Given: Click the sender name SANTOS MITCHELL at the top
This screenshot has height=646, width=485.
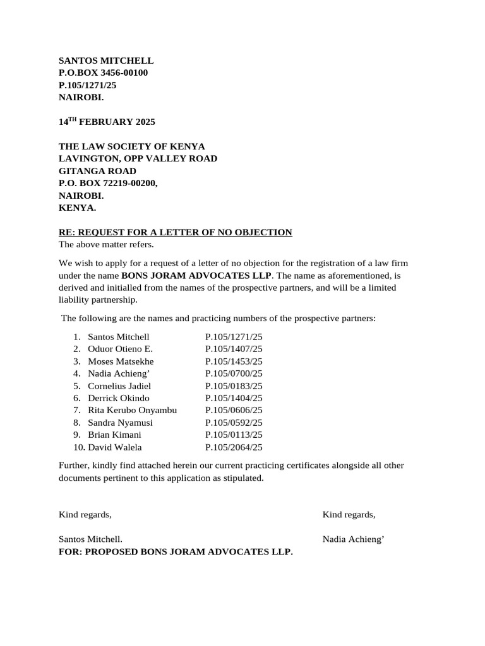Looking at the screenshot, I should tap(106, 61).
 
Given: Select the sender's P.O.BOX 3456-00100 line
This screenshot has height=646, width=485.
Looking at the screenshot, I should tap(104, 73).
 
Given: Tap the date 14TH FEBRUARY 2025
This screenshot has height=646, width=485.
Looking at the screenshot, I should tap(107, 122).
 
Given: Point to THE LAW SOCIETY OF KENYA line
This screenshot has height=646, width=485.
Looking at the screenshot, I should tap(132, 146).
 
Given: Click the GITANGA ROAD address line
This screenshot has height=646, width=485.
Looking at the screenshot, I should tap(97, 171).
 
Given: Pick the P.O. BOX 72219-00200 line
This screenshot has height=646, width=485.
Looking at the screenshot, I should tap(108, 183).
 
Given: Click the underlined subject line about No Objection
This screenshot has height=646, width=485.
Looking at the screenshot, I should tap(175, 232).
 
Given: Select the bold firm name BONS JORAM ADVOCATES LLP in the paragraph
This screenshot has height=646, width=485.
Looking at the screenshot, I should tap(196, 276).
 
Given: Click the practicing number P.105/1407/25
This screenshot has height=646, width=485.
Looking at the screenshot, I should tap(234, 349).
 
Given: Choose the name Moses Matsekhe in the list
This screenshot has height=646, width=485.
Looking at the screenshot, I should tap(121, 361).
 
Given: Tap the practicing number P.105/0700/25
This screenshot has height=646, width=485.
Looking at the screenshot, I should tap(234, 373).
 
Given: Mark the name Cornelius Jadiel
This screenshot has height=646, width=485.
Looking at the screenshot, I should tap(119, 385).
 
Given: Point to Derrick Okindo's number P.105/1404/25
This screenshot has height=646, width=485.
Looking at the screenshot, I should tap(234, 398).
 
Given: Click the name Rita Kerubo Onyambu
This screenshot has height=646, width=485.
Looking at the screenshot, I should tap(132, 410).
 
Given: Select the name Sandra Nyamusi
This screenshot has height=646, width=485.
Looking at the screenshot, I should tap(120, 423).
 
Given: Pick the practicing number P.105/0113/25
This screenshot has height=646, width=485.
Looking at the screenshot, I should tap(234, 435).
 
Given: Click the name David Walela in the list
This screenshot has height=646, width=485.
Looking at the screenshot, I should tap(115, 447).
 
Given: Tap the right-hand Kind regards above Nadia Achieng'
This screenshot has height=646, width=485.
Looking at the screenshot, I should tap(349, 515).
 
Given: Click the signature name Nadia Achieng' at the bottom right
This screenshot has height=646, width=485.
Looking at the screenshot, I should tap(354, 539).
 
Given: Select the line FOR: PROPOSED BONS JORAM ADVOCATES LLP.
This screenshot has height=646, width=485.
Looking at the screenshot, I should tap(176, 552).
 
